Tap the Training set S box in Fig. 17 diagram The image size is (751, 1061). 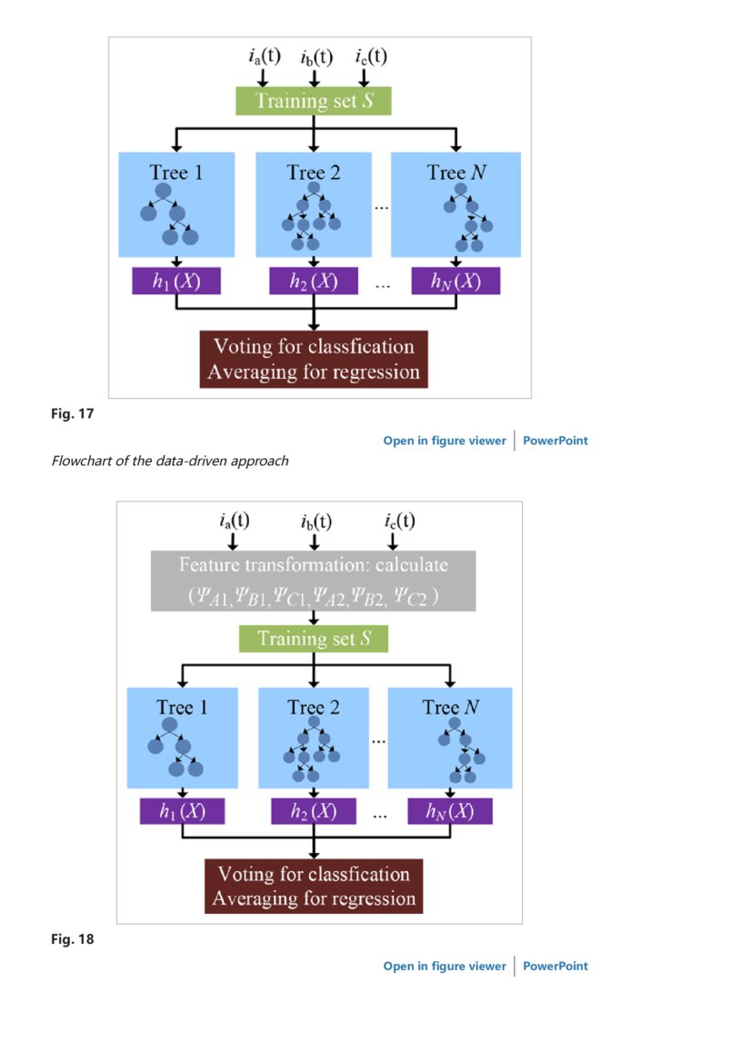point(313,101)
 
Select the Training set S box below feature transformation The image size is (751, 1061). point(313,639)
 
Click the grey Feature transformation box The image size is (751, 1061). point(313,580)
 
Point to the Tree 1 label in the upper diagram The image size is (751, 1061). point(176,172)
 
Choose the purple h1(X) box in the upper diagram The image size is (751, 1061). point(176,282)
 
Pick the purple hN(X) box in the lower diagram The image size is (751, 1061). point(450,811)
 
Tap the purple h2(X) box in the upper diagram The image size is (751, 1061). point(313,282)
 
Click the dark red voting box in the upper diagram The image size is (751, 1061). point(314,359)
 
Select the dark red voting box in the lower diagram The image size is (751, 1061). point(314,887)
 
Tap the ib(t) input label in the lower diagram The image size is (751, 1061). point(315,521)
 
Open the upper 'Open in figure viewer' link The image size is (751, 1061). point(444,441)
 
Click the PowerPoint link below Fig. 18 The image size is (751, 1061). point(555,966)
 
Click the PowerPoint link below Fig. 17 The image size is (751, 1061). point(555,441)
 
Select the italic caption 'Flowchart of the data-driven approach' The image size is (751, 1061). point(169,461)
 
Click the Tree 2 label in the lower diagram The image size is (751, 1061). point(313,707)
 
